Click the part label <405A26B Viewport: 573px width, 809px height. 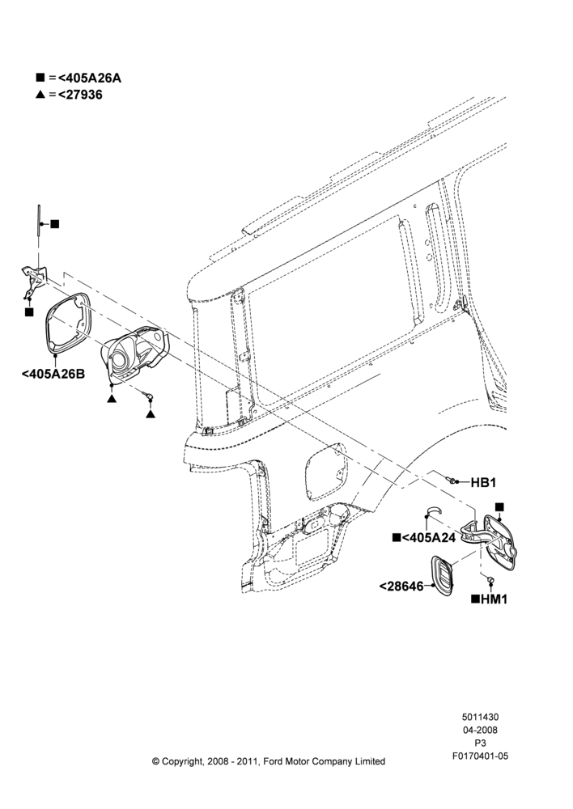click(53, 373)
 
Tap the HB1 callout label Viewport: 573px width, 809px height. click(483, 482)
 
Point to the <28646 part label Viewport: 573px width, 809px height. click(401, 586)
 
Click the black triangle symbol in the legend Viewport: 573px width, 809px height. click(40, 95)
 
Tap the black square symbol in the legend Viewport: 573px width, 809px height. click(40, 78)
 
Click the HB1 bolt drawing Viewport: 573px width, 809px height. click(452, 481)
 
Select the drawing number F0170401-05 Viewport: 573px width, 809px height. click(480, 756)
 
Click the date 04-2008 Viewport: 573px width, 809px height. click(480, 730)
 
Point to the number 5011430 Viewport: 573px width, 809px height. click(480, 717)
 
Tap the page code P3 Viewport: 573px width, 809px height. click(480, 743)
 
